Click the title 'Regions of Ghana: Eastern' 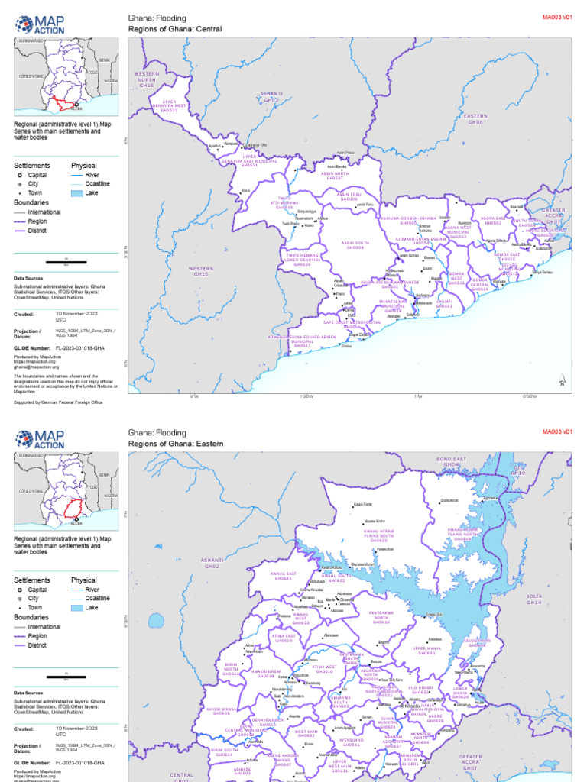click(x=173, y=444)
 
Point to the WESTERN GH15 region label click(x=201, y=271)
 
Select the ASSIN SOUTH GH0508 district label click(x=355, y=245)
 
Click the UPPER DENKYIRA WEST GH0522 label click(x=169, y=106)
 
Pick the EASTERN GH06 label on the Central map click(x=475, y=119)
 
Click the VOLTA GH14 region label click(x=533, y=599)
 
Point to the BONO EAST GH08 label click(x=451, y=462)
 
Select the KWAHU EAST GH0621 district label click(x=283, y=576)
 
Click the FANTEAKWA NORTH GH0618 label click(x=380, y=617)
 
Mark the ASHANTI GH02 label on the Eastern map click(x=212, y=563)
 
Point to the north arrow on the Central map click(x=562, y=380)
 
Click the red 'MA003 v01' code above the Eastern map click(x=557, y=432)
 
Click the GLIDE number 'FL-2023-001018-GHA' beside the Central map click(x=80, y=347)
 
